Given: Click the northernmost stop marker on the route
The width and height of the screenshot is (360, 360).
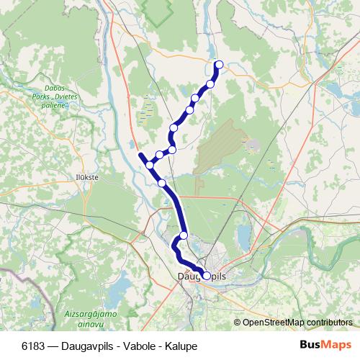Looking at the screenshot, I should (219, 65).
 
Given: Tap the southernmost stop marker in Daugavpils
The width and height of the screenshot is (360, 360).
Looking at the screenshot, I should (207, 275).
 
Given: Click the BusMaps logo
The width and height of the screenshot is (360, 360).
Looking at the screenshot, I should (325, 345).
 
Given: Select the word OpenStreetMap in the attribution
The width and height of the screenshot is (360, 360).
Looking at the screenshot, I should (271, 323).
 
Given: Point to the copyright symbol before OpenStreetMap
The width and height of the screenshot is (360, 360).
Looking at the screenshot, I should (238, 323).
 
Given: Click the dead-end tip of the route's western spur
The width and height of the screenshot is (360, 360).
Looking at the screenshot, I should (139, 153).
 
